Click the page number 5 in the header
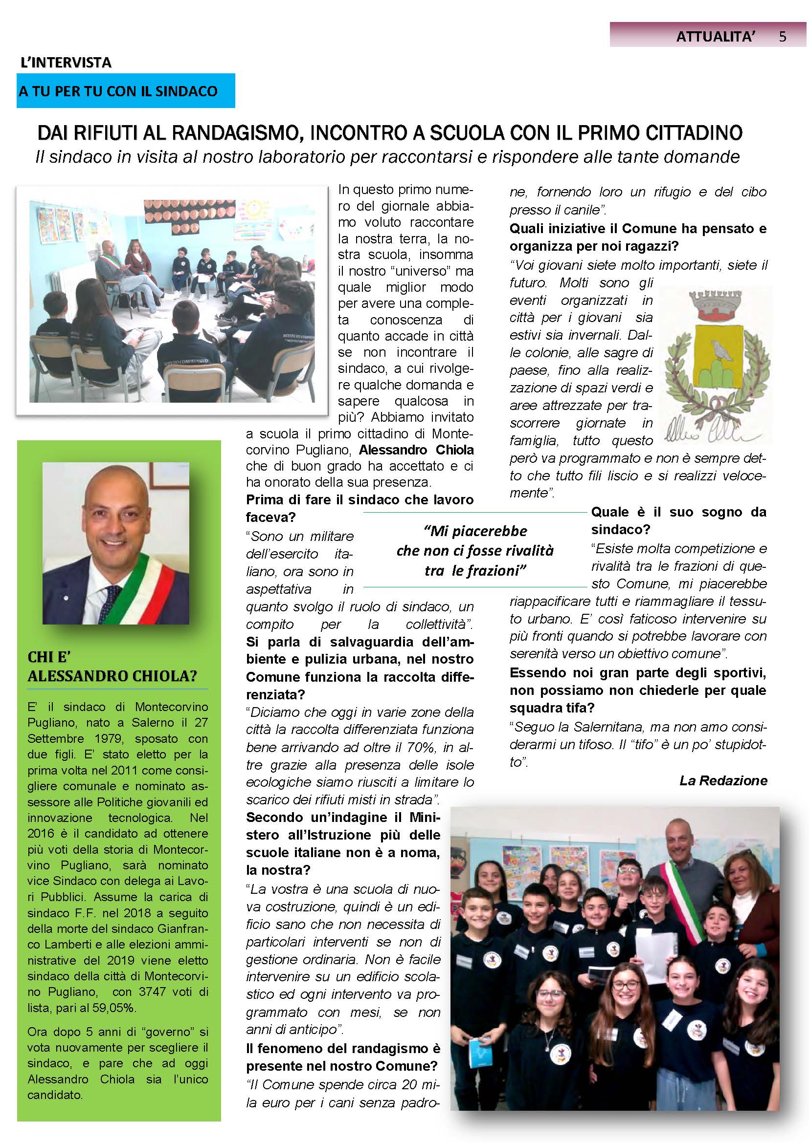coord(782,36)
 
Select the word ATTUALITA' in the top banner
coord(716,36)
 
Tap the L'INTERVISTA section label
coord(66,63)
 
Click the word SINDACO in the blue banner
coord(186,91)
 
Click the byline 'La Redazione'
coord(723,780)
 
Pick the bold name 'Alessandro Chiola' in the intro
coord(416,450)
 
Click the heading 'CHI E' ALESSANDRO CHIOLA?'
coord(112,667)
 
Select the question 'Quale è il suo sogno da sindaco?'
coord(678,521)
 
